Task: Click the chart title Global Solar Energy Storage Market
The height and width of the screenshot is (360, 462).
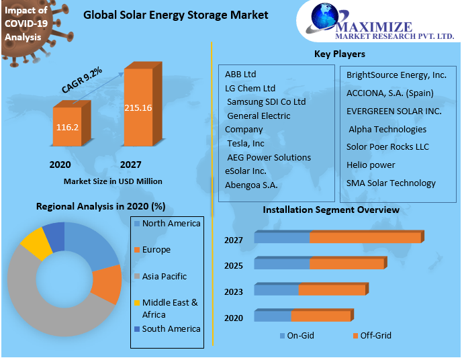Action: (x=175, y=15)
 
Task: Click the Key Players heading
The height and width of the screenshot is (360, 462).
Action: (x=339, y=54)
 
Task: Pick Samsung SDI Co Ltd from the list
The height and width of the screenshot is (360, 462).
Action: (x=266, y=101)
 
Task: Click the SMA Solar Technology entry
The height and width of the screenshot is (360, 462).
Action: (x=391, y=183)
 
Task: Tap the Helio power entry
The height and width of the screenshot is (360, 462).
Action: (x=371, y=165)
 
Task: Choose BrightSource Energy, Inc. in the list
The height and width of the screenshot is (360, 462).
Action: (x=396, y=75)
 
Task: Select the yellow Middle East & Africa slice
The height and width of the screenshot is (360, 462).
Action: (x=36, y=243)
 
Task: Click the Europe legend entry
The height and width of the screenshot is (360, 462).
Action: (x=156, y=250)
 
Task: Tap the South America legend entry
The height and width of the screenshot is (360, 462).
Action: (x=171, y=328)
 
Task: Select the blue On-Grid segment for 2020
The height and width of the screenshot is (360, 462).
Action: (x=273, y=316)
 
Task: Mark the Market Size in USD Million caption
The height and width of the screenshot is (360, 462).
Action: (x=113, y=181)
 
